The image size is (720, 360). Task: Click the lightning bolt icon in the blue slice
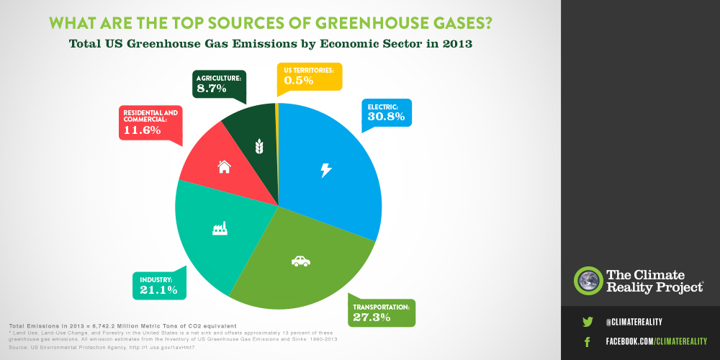(x=326, y=170)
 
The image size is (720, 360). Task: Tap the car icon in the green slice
(x=300, y=261)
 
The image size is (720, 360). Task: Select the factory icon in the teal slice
(x=219, y=228)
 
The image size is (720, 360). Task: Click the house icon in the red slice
(x=224, y=166)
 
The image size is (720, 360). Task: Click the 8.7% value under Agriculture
(x=212, y=89)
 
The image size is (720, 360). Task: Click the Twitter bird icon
(x=587, y=322)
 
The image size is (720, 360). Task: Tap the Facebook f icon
(x=587, y=341)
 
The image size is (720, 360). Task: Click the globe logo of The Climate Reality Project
(x=588, y=281)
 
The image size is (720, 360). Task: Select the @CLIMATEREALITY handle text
(x=634, y=322)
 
